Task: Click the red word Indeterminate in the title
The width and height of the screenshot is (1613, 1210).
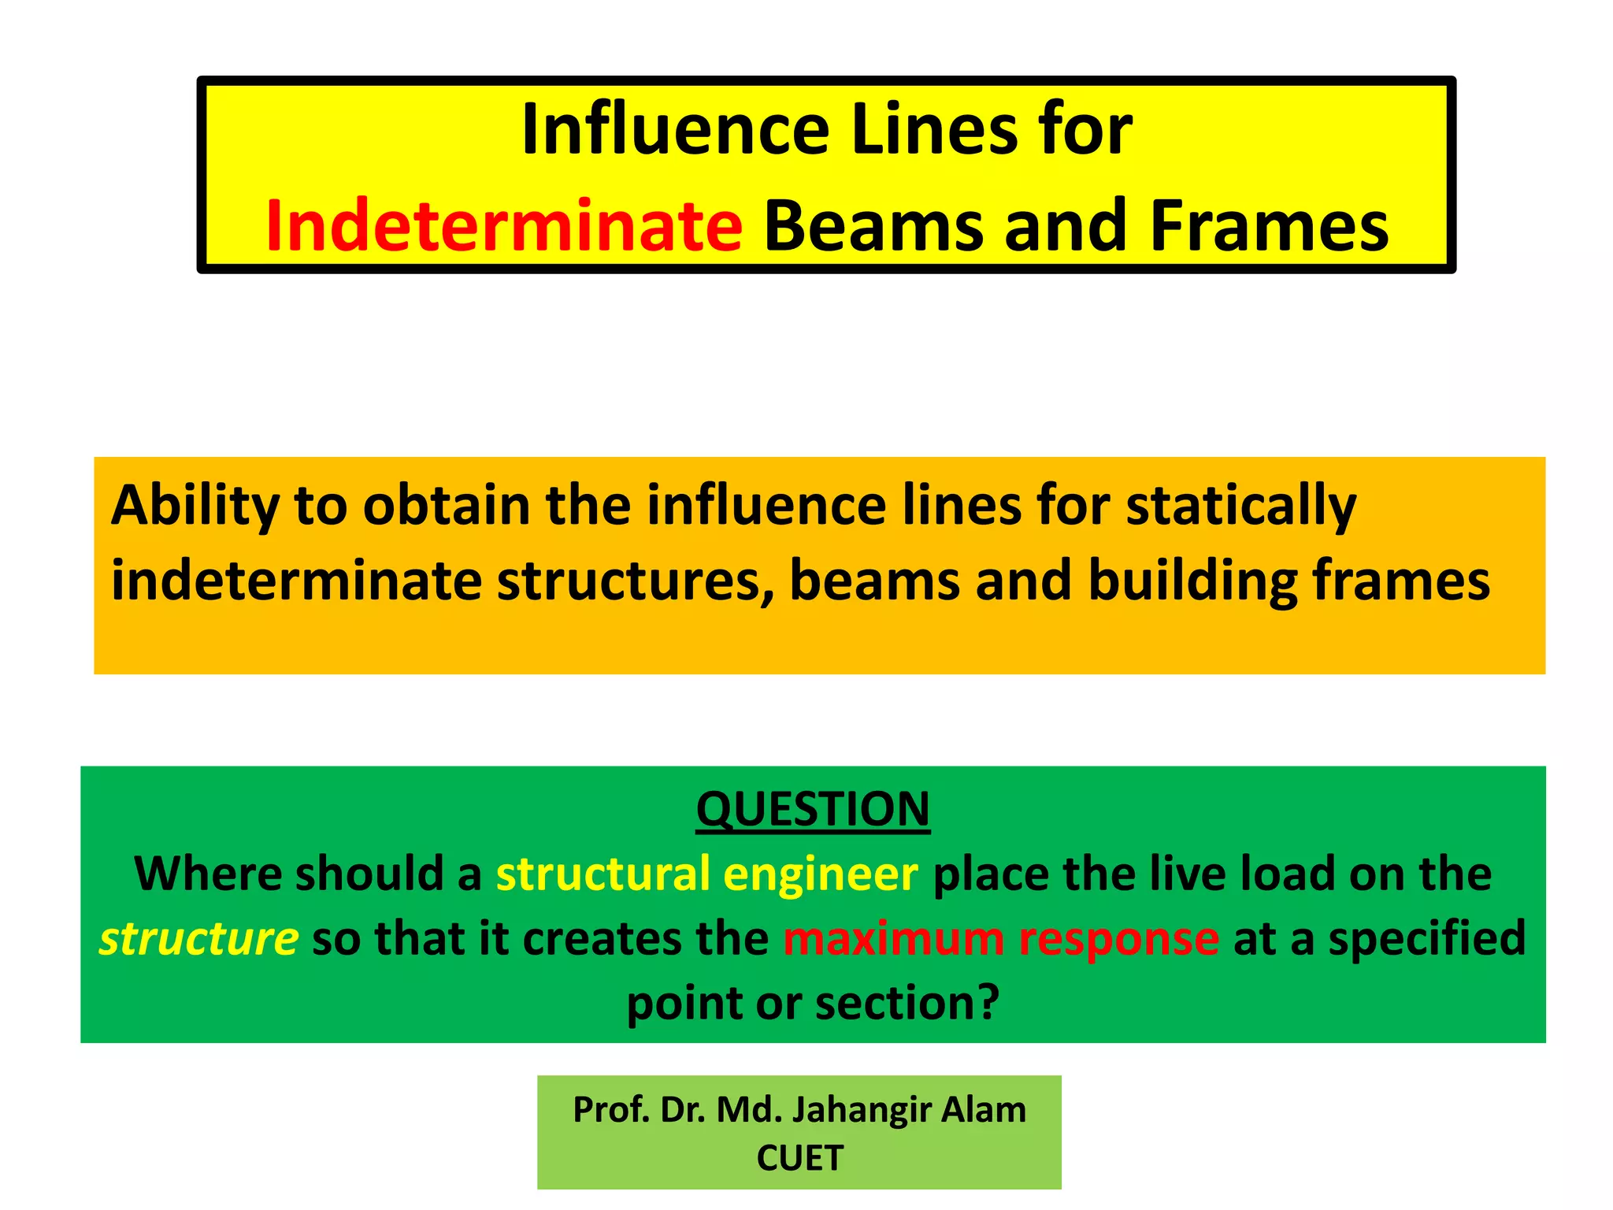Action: [x=504, y=227]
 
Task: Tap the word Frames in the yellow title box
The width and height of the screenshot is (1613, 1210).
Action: [x=1269, y=227]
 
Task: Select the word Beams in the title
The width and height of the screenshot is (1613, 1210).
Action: [x=875, y=227]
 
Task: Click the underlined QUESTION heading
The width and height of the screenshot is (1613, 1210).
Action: [x=813, y=809]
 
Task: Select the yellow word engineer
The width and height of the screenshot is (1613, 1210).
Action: [x=820, y=874]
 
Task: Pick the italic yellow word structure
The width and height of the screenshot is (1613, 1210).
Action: [x=198, y=939]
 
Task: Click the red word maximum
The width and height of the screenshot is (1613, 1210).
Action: [x=893, y=939]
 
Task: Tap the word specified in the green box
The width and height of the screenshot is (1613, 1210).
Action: [x=1427, y=939]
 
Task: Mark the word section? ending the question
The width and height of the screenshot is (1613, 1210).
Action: [x=907, y=1004]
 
